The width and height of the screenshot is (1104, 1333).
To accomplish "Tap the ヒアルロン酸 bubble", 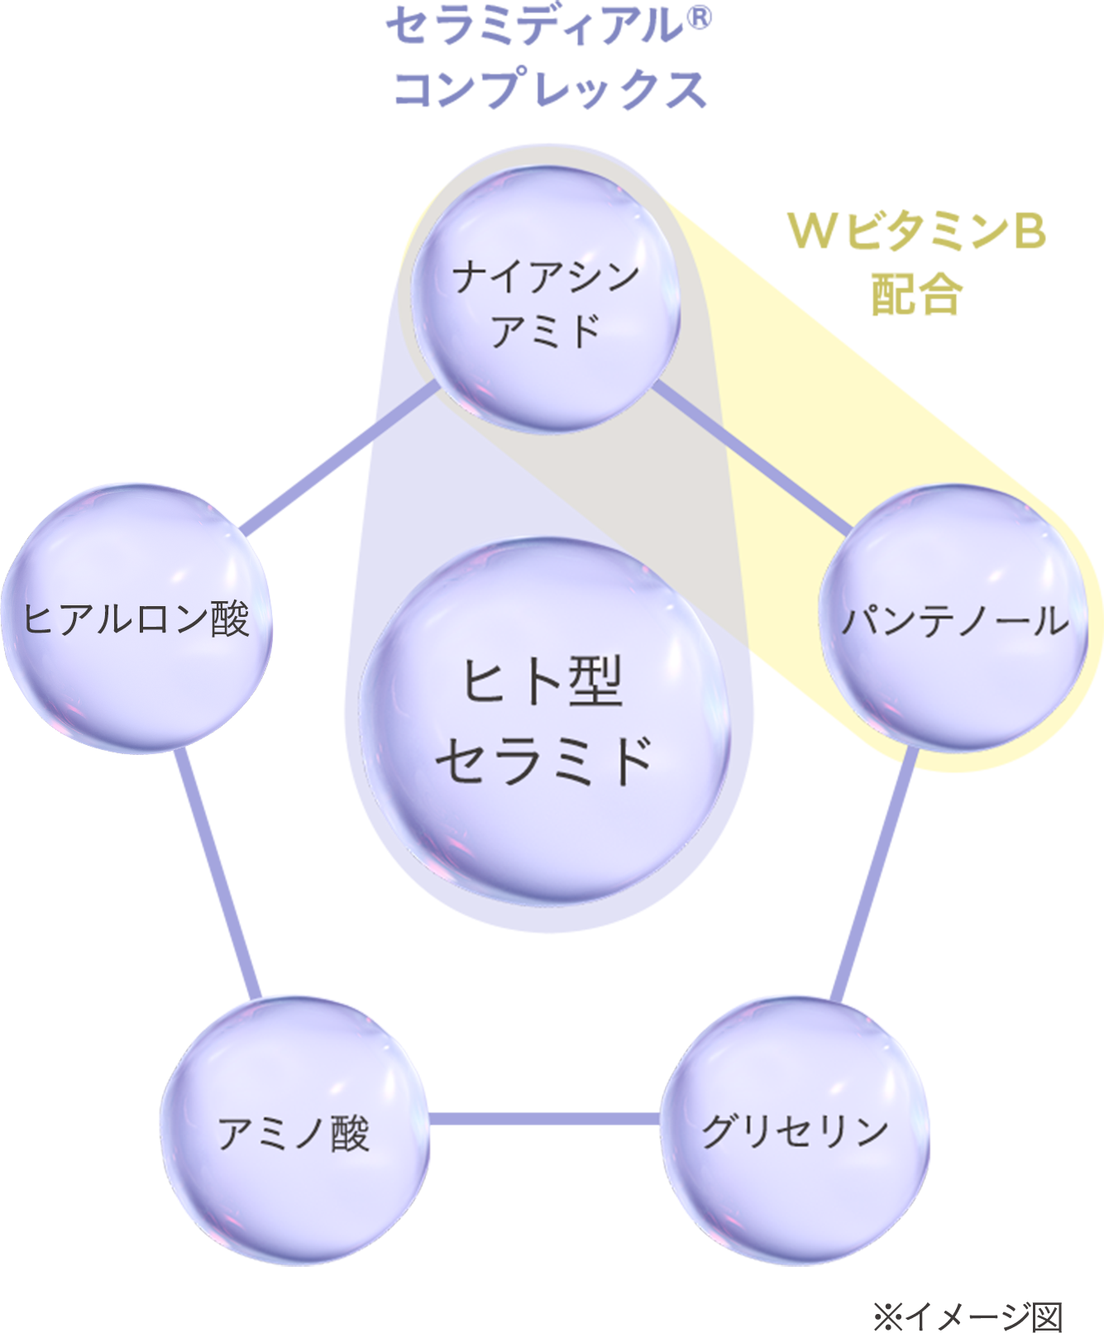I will click(136, 619).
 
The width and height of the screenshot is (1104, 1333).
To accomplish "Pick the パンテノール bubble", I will click(953, 619).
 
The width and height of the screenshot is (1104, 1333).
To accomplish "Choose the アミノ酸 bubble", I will click(294, 1131).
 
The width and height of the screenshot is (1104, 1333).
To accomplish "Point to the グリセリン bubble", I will click(794, 1131).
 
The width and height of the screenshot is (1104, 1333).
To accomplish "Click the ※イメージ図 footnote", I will click(967, 1315).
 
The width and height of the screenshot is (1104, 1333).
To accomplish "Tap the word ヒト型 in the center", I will click(542, 682).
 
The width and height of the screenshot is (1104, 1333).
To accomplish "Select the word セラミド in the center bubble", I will click(545, 759).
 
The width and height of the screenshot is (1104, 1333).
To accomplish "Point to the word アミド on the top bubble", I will click(546, 331).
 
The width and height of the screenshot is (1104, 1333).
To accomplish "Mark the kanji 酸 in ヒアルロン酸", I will click(230, 619).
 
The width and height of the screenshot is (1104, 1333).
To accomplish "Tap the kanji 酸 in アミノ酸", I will click(349, 1133).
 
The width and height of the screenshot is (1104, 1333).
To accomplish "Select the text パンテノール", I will click(953, 620).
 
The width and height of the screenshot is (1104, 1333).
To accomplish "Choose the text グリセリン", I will click(794, 1131).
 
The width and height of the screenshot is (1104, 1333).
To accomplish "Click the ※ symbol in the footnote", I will click(887, 1316).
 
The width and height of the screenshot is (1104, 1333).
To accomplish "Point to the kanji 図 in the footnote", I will click(1045, 1316).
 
